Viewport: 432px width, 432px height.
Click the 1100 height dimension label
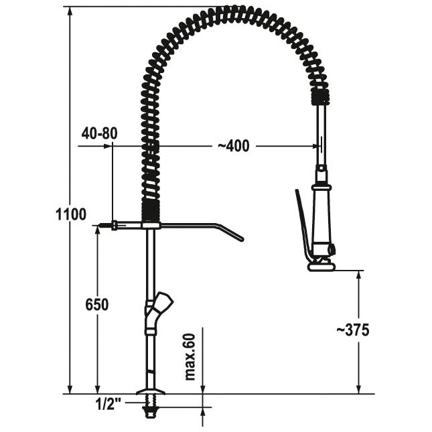(71, 214)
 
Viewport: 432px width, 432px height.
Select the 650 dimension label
(96, 305)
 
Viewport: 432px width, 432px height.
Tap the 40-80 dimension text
(99, 133)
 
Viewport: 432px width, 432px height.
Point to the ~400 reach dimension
(234, 146)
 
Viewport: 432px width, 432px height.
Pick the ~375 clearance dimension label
(353, 330)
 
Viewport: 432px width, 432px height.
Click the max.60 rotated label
(190, 357)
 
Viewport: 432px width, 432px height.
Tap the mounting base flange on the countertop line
(151, 391)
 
